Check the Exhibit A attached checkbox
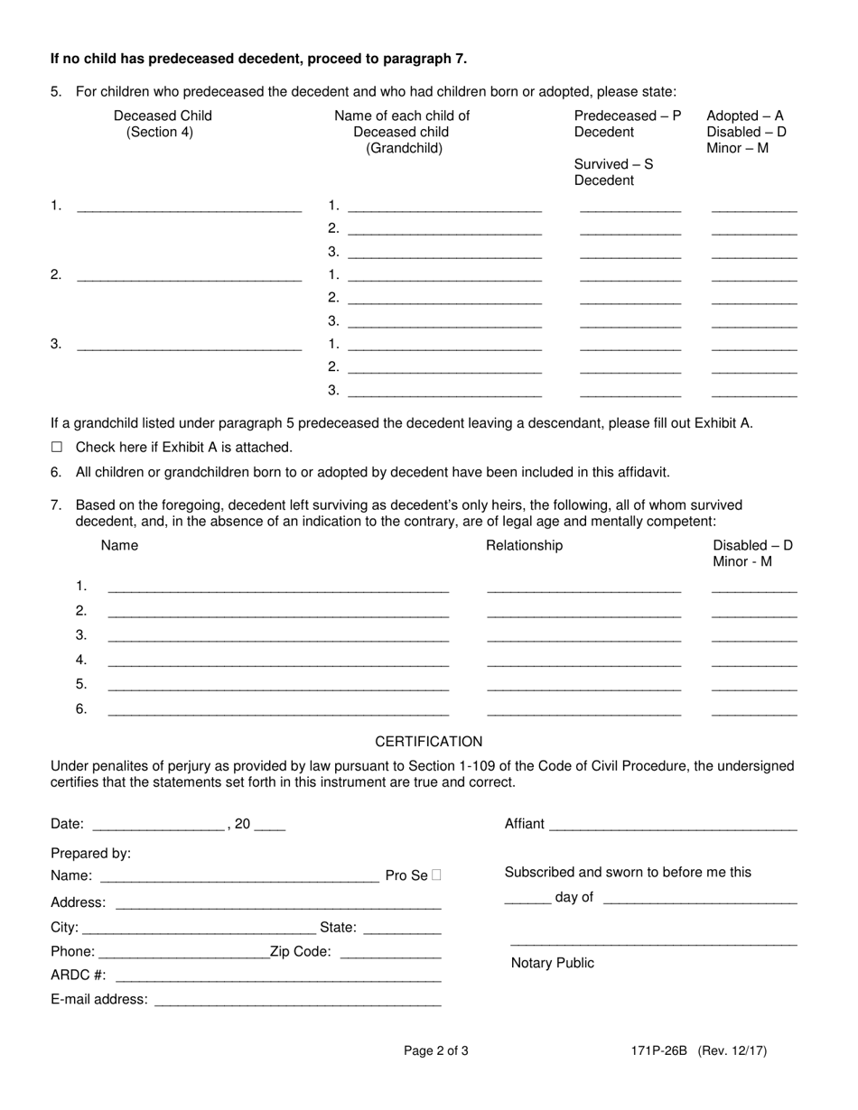[x=57, y=447]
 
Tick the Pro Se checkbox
[x=437, y=874]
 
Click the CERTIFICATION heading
[x=429, y=742]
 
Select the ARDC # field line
[x=278, y=976]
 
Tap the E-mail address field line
[x=298, y=1001]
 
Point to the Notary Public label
[x=553, y=963]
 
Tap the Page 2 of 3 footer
[x=435, y=1050]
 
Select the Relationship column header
[x=524, y=546]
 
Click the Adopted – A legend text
[x=745, y=116]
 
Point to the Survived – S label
[x=613, y=164]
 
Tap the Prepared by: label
[x=91, y=853]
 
